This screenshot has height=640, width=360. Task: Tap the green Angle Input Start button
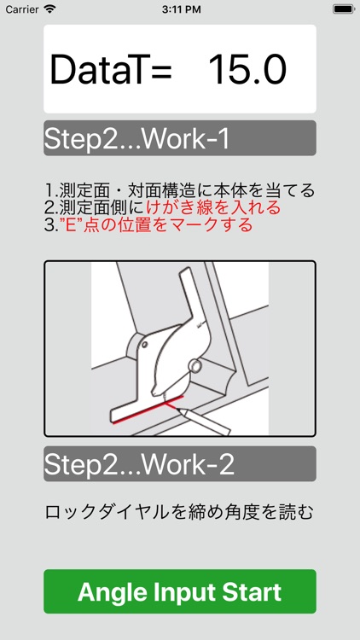tap(180, 591)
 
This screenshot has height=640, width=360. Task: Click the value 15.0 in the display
tap(247, 70)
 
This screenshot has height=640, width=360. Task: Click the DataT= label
tap(111, 70)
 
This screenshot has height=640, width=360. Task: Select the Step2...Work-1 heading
tap(136, 139)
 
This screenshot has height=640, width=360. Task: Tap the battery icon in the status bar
tap(343, 9)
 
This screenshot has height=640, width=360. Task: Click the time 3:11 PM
tap(179, 9)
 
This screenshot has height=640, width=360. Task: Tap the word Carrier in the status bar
tap(22, 9)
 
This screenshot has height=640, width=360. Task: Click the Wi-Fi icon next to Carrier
tap(49, 9)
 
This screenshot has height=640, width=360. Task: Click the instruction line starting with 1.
tap(180, 189)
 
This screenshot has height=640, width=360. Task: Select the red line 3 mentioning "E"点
tap(149, 225)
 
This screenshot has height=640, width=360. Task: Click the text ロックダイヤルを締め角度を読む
tap(180, 512)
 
